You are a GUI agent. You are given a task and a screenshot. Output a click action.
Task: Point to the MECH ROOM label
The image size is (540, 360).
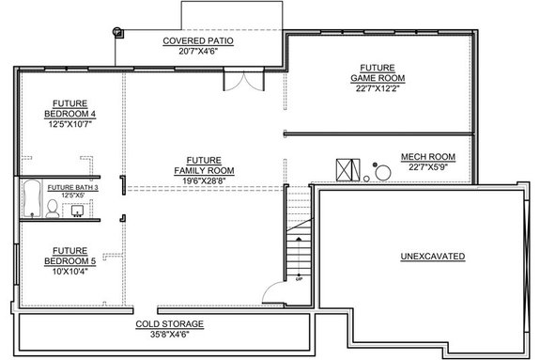(427, 156)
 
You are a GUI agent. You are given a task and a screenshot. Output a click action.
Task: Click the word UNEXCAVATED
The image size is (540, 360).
(432, 255)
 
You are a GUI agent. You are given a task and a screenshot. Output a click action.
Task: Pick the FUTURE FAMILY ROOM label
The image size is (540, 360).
(203, 164)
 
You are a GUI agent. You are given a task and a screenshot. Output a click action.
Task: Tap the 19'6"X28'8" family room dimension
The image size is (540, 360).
(203, 180)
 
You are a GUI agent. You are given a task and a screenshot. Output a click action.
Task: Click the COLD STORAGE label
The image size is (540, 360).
(169, 323)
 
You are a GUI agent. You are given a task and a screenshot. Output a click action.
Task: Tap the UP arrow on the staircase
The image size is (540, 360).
(299, 274)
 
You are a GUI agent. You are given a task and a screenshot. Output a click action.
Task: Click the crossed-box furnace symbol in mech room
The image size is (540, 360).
(347, 169)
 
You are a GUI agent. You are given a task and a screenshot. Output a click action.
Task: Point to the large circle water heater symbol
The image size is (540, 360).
(383, 173)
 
